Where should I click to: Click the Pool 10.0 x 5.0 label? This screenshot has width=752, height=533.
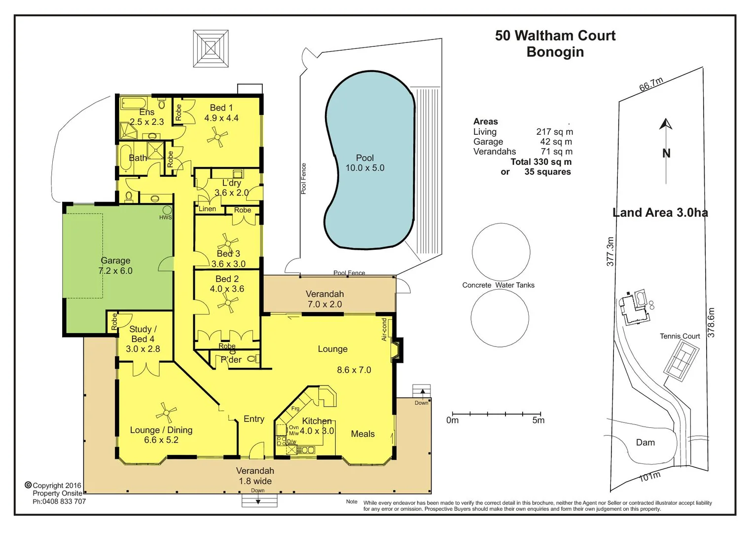[x=365, y=163]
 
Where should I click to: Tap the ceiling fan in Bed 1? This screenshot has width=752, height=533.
[x=217, y=137]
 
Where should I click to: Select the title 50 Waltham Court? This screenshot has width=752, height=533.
[x=555, y=36]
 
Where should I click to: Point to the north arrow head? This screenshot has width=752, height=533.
[x=666, y=123]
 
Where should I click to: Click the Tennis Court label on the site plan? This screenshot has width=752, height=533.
[x=680, y=336]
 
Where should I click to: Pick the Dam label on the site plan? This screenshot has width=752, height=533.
[x=645, y=443]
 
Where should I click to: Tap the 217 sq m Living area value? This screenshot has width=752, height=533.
[x=554, y=132]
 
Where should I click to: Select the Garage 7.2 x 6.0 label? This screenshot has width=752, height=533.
[x=115, y=266]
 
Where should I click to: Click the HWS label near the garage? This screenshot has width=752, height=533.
[x=166, y=217]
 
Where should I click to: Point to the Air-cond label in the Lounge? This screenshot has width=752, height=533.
[x=385, y=329]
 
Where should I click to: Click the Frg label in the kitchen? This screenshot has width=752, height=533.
[x=295, y=409]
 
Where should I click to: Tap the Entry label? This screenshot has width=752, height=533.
[x=254, y=419]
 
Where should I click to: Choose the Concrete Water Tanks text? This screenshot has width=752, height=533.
[x=498, y=285]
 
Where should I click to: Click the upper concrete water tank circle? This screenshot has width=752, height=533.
[x=501, y=252]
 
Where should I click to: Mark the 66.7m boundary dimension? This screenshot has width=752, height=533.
[x=651, y=84]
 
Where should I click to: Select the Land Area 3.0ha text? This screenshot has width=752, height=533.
[x=660, y=213]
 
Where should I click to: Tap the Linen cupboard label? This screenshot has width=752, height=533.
[x=207, y=209]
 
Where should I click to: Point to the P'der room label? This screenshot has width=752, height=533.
[x=231, y=360]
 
